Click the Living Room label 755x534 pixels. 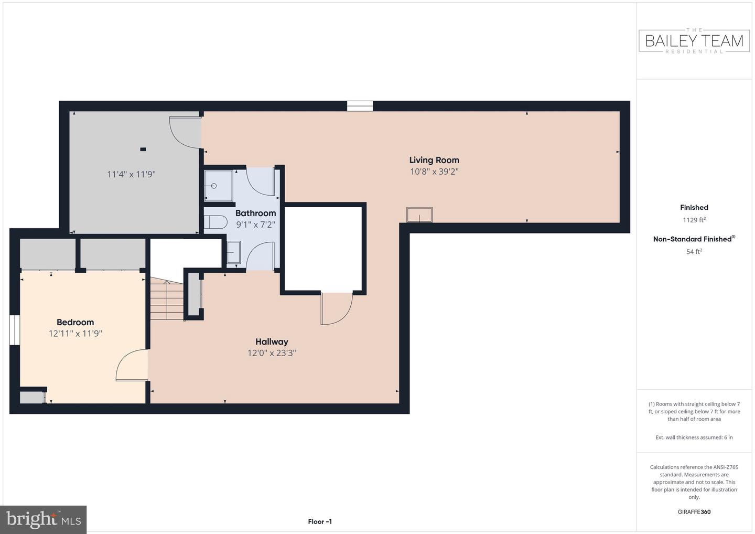(x=434, y=160)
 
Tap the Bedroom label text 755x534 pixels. (x=75, y=322)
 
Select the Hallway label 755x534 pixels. (x=272, y=342)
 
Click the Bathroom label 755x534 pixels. (x=255, y=213)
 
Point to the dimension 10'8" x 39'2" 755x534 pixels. (x=434, y=172)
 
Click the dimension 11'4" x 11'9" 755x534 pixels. (x=131, y=174)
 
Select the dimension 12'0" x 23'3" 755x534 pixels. (x=272, y=353)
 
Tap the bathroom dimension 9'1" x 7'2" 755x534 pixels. (x=255, y=225)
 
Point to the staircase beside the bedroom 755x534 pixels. (x=167, y=298)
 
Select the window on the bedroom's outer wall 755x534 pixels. (x=15, y=330)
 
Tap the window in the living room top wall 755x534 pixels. (x=360, y=106)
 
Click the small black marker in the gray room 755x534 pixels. (x=143, y=149)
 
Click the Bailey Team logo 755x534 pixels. (x=694, y=41)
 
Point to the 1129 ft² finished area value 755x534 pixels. (x=694, y=220)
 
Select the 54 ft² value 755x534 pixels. (x=694, y=251)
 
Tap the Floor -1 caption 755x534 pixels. (x=320, y=521)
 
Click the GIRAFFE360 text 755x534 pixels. (x=694, y=512)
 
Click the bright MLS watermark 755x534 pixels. (x=43, y=519)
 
